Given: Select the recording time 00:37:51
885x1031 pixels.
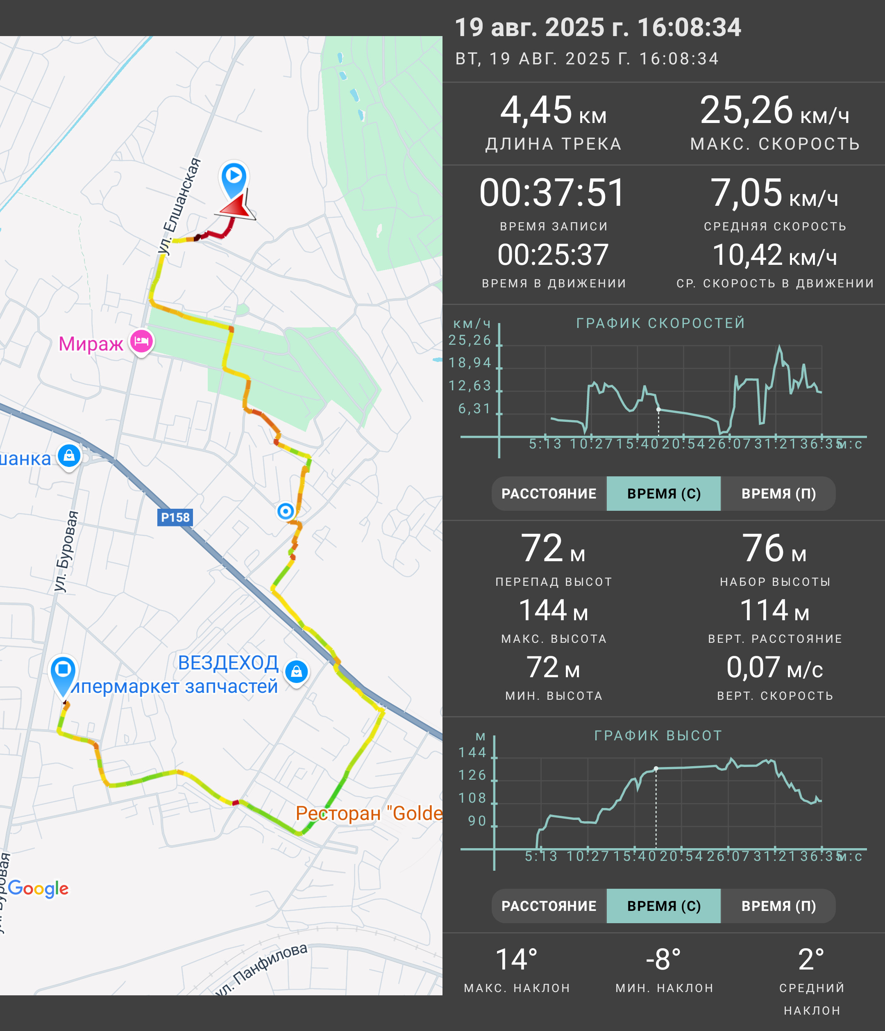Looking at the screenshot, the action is coord(552,193).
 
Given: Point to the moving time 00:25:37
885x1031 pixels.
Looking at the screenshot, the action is coord(553,255).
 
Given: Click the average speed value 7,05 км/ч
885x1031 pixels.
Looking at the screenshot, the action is coord(774,193).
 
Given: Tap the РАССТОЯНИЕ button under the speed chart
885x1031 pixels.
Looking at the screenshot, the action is coord(549,494).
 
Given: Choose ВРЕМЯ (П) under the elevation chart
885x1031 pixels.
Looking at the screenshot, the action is coord(778,906).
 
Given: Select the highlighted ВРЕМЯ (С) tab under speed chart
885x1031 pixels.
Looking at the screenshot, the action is coord(664,494).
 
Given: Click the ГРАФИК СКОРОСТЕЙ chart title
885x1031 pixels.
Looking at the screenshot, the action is coord(661,323).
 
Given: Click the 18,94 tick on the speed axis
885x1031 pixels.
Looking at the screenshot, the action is coord(470,363).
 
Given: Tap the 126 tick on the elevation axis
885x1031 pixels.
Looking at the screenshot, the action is coord(472,775).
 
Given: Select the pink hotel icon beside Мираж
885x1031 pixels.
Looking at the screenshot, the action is coord(142,342).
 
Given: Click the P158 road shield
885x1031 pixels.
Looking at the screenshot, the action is coord(175,517).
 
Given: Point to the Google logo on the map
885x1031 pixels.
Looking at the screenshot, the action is coord(38,888).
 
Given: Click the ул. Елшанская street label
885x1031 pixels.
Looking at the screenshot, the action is coord(179,207).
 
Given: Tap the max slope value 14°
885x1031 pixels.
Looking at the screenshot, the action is coord(517,959).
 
